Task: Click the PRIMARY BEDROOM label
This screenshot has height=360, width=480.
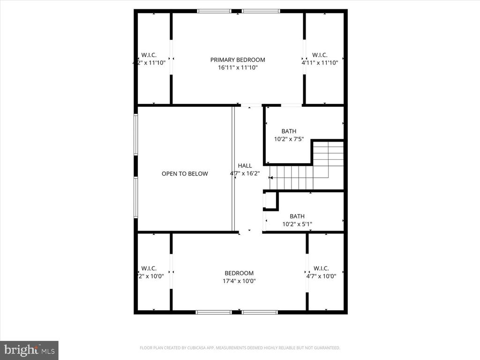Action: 237,60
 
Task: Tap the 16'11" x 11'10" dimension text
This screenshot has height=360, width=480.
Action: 237,67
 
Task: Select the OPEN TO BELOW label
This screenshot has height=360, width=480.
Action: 185,174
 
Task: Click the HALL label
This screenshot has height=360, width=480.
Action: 245,165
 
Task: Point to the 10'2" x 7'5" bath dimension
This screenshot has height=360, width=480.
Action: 289,139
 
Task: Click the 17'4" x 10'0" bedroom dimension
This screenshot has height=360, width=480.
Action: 239,281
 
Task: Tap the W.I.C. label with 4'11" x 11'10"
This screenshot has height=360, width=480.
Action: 320,55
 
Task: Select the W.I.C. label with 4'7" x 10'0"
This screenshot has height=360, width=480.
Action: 321,268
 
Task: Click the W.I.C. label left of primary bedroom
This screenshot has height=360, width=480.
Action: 149,55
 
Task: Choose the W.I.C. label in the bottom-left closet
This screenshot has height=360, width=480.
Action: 149,268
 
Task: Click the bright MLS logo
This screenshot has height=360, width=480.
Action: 29,350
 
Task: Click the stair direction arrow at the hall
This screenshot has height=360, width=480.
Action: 271,178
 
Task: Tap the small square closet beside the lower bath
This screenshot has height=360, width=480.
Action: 270,201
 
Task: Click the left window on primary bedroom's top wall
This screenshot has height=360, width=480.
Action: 214,11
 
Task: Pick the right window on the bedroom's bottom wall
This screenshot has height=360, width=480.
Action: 260,312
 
